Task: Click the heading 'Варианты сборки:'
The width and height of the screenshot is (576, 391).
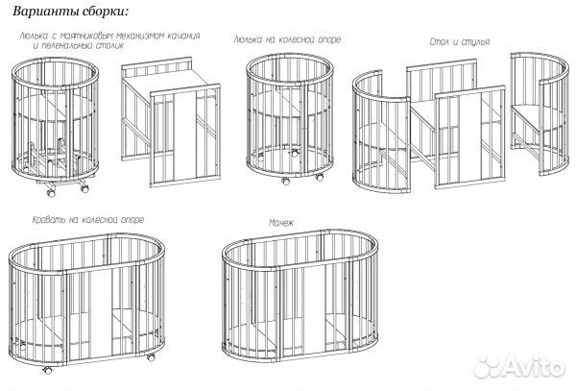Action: (71, 11)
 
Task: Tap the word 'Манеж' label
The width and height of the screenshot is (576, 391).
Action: (281, 223)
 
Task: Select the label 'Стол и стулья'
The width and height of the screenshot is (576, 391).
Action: (460, 42)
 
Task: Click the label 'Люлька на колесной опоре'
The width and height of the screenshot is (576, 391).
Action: (287, 39)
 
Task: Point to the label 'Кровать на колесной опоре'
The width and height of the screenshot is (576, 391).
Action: (88, 220)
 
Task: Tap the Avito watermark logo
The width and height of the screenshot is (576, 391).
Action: (518, 366)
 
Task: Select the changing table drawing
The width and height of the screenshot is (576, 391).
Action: (171, 122)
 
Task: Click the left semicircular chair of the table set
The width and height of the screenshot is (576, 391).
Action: (381, 133)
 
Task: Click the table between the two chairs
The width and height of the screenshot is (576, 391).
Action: (455, 123)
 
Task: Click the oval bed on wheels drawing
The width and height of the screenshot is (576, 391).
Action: (86, 302)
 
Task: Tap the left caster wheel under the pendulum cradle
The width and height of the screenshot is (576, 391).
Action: (51, 192)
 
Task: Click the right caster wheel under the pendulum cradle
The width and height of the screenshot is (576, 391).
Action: (84, 189)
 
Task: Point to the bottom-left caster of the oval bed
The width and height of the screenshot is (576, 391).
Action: (47, 370)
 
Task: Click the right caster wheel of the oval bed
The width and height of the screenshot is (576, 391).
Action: (151, 357)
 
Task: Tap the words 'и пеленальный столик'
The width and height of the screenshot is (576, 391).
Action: (79, 46)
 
